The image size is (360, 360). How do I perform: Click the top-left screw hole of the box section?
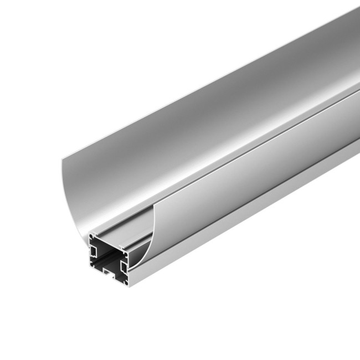(x=91, y=236)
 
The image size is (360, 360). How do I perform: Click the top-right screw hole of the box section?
(x=126, y=255)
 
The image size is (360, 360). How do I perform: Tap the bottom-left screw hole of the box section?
(x=91, y=265)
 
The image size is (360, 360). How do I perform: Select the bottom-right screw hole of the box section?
(x=126, y=283)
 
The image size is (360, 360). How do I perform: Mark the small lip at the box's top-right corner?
(x=121, y=246)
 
